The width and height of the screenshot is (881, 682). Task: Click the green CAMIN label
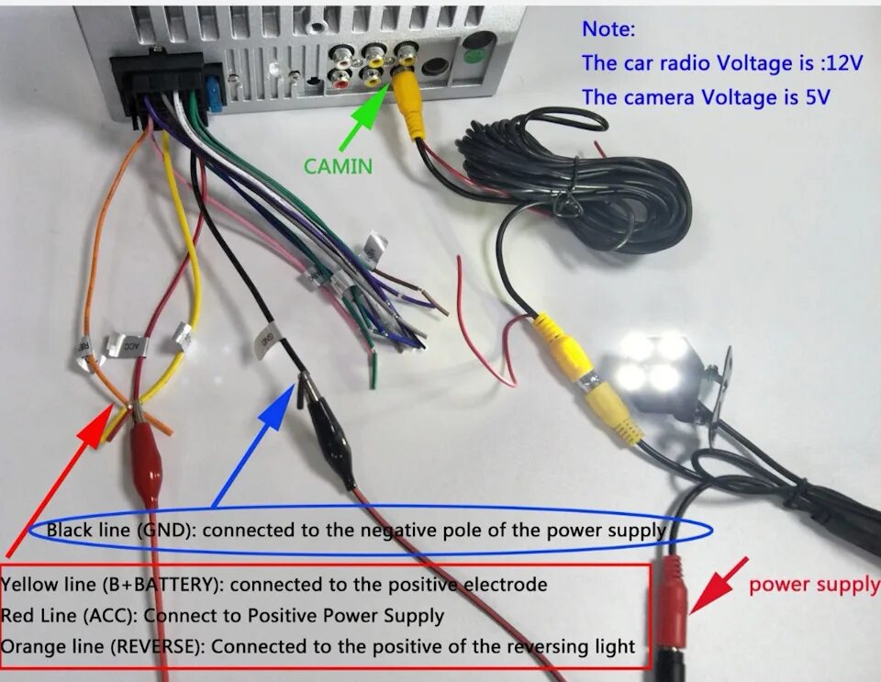tap(339, 165)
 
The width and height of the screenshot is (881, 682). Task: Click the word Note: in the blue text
tap(608, 28)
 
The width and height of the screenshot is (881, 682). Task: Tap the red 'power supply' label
tap(813, 585)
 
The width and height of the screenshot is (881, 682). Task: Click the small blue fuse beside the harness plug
tap(215, 92)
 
